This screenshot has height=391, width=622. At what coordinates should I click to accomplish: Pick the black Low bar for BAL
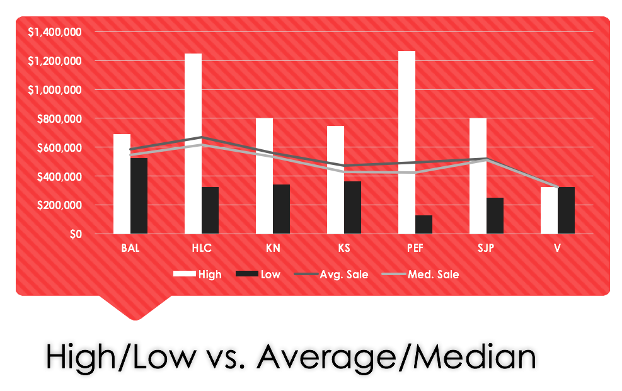pos(139,196)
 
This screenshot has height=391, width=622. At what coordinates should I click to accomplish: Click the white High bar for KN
pos(264,176)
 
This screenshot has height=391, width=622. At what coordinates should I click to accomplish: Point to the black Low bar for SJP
pos(495,216)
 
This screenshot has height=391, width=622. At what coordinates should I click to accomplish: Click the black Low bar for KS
pos(352,208)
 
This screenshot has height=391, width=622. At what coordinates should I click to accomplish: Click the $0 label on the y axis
pos(76,235)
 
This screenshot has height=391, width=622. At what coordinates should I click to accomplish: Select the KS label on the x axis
pos(344,248)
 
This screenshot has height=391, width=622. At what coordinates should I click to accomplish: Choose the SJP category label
pos(486,248)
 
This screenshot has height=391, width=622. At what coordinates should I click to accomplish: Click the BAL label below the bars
pos(130,248)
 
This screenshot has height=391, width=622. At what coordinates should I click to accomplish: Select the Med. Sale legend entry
pos(422,275)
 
